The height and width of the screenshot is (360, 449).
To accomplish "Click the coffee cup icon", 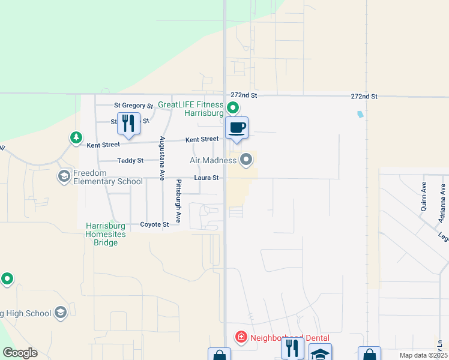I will (237, 127).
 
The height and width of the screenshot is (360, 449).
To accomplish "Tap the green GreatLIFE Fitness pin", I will (232, 109).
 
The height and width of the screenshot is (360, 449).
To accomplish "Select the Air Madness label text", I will (213, 160).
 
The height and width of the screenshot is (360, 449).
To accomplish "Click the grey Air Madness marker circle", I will (246, 160).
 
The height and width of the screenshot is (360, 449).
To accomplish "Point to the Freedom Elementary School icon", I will (64, 176).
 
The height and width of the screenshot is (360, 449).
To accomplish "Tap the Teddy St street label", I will (130, 161).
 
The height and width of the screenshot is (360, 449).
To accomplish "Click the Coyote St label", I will (154, 224).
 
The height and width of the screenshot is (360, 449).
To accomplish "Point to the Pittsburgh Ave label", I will (178, 200).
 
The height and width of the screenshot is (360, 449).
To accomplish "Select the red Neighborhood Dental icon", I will (241, 337).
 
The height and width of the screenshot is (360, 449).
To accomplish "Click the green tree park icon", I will (76, 139).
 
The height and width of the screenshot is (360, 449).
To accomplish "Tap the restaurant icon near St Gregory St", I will (128, 122).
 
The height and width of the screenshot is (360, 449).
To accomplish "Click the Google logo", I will (20, 353).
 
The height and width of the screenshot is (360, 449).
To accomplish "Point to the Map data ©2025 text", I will (423, 355).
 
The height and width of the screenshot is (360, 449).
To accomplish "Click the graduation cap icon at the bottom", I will (321, 353).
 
